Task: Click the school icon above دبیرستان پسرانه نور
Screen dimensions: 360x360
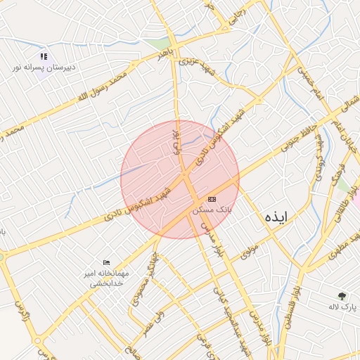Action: coord(44,56)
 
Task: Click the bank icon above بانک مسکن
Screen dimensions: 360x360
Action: coord(212,199)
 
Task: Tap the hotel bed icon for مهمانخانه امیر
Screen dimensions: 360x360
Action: coord(106,262)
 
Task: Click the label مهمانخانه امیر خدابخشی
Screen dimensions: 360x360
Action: coord(104,277)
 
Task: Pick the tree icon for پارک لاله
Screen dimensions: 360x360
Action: coord(342,297)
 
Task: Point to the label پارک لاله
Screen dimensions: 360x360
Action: coord(342,308)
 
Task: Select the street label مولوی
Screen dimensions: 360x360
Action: coord(249,247)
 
